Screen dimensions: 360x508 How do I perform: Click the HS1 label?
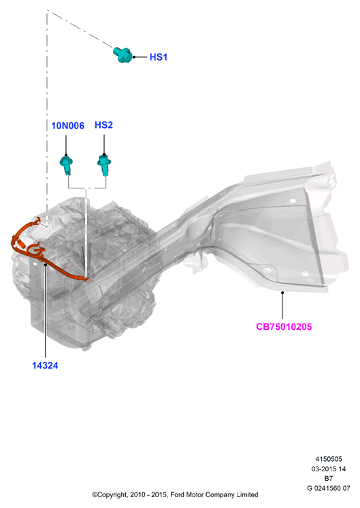(159, 57)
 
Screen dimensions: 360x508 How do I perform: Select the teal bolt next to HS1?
(122, 54)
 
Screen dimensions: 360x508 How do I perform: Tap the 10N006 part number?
(68, 126)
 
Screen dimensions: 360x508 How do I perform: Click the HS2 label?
(104, 125)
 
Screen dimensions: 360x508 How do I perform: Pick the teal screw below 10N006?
(66, 165)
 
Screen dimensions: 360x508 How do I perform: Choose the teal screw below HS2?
(104, 165)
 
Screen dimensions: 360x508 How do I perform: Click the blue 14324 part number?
(45, 365)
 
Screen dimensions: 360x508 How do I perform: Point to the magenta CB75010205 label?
(284, 326)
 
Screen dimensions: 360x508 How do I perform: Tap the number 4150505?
(329, 459)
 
